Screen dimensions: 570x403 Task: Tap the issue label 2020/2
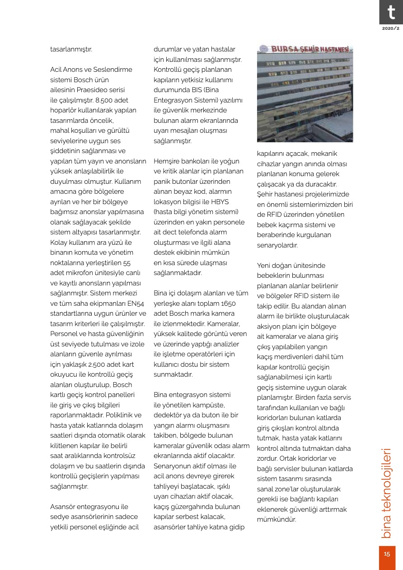tap(391, 28)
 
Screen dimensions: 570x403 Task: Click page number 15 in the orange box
tap(387, 554)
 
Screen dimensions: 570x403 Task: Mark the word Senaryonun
tap(172, 466)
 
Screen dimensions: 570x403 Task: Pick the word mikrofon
tap(79, 273)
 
